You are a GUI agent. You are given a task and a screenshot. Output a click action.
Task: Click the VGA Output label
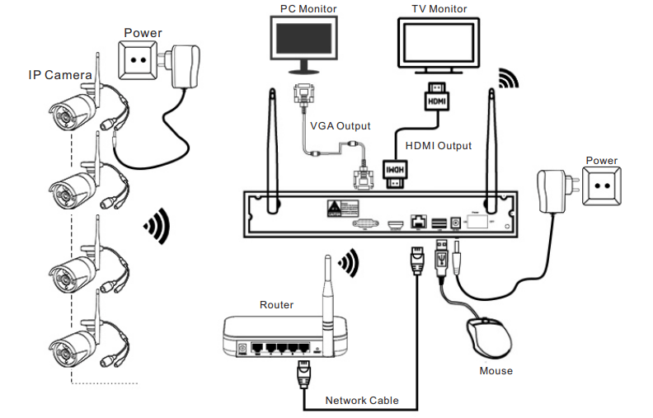[340, 126]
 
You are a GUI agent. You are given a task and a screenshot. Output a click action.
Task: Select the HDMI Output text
[439, 146]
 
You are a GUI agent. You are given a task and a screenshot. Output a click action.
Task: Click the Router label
[276, 305]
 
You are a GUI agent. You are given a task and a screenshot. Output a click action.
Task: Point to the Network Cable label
[361, 401]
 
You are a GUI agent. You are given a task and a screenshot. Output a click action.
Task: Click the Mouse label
[496, 371]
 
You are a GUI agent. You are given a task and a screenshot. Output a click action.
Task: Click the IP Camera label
[59, 75]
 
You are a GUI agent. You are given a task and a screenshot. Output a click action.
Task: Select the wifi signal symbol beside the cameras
[157, 225]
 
